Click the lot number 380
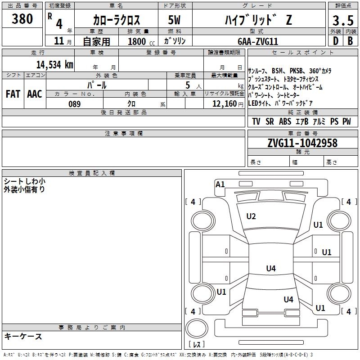tap(22, 19)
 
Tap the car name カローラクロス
tap(117, 20)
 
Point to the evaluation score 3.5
tap(342, 21)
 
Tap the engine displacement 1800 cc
tap(139, 41)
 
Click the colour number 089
tap(74, 103)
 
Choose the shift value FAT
tap(13, 94)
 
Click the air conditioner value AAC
tap(34, 94)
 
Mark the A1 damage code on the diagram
tap(220, 184)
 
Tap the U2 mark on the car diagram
tap(251, 216)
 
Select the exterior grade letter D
tap(335, 41)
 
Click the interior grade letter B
tap(350, 41)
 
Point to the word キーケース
tap(23, 336)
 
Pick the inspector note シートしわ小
tap(25, 181)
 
